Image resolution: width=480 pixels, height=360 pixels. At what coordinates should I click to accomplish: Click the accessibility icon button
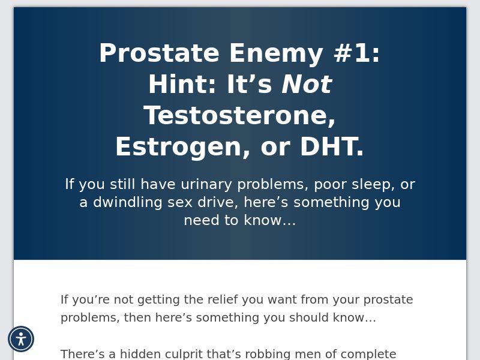tap(21, 339)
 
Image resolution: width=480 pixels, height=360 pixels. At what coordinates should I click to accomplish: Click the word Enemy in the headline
tap(276, 54)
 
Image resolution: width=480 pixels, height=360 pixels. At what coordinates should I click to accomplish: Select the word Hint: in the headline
tap(182, 85)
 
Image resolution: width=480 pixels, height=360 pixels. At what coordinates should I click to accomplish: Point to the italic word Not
tap(307, 85)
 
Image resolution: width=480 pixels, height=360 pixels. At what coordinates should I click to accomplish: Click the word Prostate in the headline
tap(159, 54)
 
